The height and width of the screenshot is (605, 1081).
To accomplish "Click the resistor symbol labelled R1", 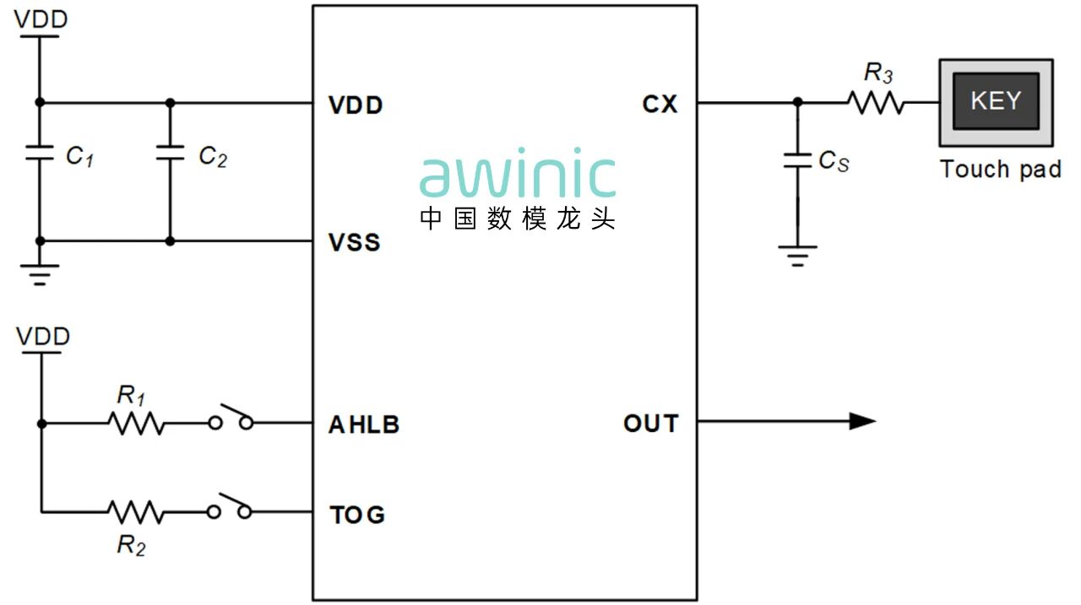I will (x=136, y=423).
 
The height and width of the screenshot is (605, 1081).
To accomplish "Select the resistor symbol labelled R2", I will (x=136, y=511).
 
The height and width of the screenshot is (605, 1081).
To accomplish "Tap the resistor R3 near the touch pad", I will (x=877, y=103).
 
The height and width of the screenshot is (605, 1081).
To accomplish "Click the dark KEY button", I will (x=996, y=100).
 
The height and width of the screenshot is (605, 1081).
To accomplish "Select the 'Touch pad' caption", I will (x=1001, y=169).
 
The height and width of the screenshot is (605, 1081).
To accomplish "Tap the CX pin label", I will (x=660, y=105).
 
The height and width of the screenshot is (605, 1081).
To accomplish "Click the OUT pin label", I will (x=650, y=424).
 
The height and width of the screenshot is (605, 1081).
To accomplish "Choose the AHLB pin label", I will (x=363, y=424).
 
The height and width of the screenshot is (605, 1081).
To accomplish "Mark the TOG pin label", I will (x=356, y=515).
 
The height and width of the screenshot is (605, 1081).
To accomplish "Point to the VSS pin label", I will (x=354, y=243).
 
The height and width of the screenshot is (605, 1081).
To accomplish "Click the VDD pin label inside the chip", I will (x=355, y=105).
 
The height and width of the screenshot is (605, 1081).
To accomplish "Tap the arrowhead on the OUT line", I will (x=861, y=421).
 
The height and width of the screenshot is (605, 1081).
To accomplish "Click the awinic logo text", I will (x=518, y=176).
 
